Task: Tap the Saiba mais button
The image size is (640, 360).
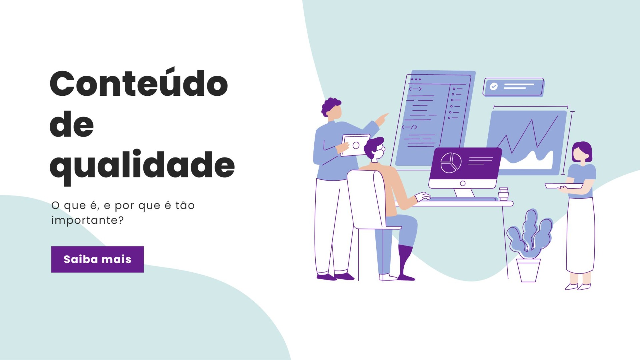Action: point(97,259)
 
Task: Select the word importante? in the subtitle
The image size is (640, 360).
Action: point(87,220)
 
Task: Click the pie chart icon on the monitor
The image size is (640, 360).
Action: point(451,163)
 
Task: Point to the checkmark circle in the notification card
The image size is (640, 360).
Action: point(494,86)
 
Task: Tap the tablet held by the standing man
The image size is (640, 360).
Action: point(355,145)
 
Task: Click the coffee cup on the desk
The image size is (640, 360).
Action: point(503,194)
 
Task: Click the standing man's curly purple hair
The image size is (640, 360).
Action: point(330,106)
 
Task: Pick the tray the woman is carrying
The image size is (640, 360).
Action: point(564,186)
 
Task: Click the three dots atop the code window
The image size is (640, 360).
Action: point(416,79)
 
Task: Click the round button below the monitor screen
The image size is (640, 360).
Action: point(463,183)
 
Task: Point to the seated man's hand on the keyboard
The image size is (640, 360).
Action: point(422,197)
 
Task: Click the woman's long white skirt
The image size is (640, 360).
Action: point(580,235)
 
